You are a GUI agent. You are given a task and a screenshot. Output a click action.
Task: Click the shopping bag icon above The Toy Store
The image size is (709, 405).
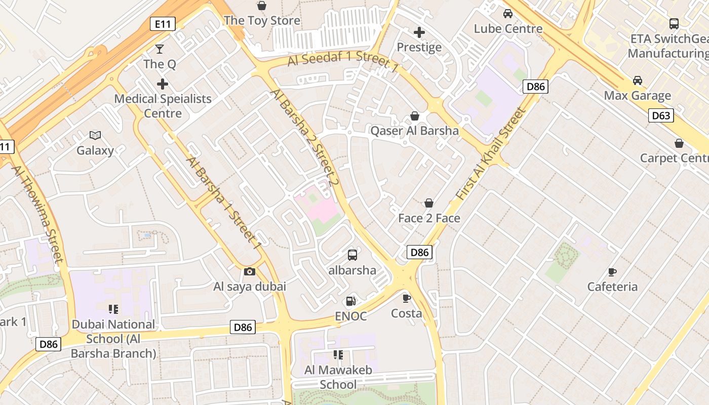[262, 6]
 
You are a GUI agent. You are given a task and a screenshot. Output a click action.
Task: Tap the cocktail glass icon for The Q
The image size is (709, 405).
[160, 49]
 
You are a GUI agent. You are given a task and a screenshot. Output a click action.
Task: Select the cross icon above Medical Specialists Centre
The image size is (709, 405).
[163, 84]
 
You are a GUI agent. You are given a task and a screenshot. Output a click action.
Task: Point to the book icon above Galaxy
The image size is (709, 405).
[95, 135]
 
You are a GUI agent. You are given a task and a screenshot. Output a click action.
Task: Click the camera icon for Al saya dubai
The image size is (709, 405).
[250, 272]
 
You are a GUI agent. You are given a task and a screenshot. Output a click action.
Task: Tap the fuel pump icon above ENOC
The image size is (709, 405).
[350, 301]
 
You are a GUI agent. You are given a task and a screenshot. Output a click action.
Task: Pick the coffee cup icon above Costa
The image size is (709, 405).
[406, 298]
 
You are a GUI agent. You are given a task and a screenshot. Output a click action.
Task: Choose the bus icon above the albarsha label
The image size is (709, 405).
[352, 255]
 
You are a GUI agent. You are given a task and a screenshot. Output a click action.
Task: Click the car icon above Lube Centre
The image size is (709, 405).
[508, 14]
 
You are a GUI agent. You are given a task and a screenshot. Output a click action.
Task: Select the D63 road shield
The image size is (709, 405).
[661, 116]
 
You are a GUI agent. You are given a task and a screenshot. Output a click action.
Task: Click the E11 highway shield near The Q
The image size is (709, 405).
[163, 23]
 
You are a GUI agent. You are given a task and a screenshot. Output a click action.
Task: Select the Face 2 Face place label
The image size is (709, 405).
[429, 218]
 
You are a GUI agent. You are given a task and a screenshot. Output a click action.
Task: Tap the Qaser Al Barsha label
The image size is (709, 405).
[414, 131]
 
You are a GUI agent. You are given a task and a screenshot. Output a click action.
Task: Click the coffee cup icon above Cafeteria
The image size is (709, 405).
[612, 272]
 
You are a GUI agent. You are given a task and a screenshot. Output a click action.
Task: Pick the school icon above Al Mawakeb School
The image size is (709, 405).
[338, 355]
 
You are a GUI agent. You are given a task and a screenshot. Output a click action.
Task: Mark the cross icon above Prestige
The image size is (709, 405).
[419, 33]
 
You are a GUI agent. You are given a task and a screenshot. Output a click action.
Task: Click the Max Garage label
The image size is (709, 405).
[637, 95]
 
